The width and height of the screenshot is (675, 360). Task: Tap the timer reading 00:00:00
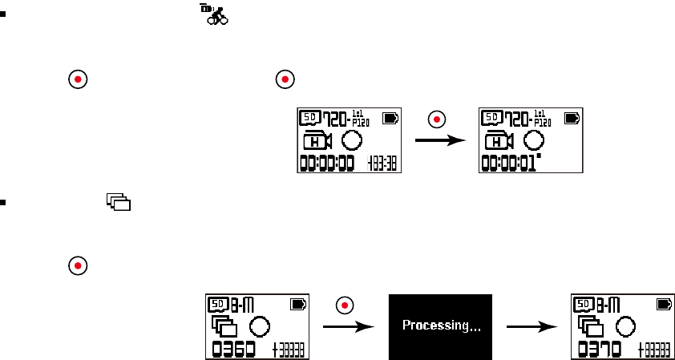329,164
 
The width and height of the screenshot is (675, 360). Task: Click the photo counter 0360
233,349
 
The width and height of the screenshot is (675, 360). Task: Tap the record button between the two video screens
437,119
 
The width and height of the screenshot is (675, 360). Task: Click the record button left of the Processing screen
345,305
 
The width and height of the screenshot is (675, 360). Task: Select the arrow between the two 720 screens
440,140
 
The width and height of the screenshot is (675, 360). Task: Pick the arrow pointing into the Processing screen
348,326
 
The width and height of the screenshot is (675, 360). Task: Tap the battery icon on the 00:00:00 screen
391,118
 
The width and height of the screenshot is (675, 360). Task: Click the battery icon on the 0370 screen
664,305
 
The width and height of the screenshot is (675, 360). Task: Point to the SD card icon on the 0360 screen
218,305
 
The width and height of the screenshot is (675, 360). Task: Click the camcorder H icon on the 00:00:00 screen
318,142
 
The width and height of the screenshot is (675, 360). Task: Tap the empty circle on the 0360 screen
259,326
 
